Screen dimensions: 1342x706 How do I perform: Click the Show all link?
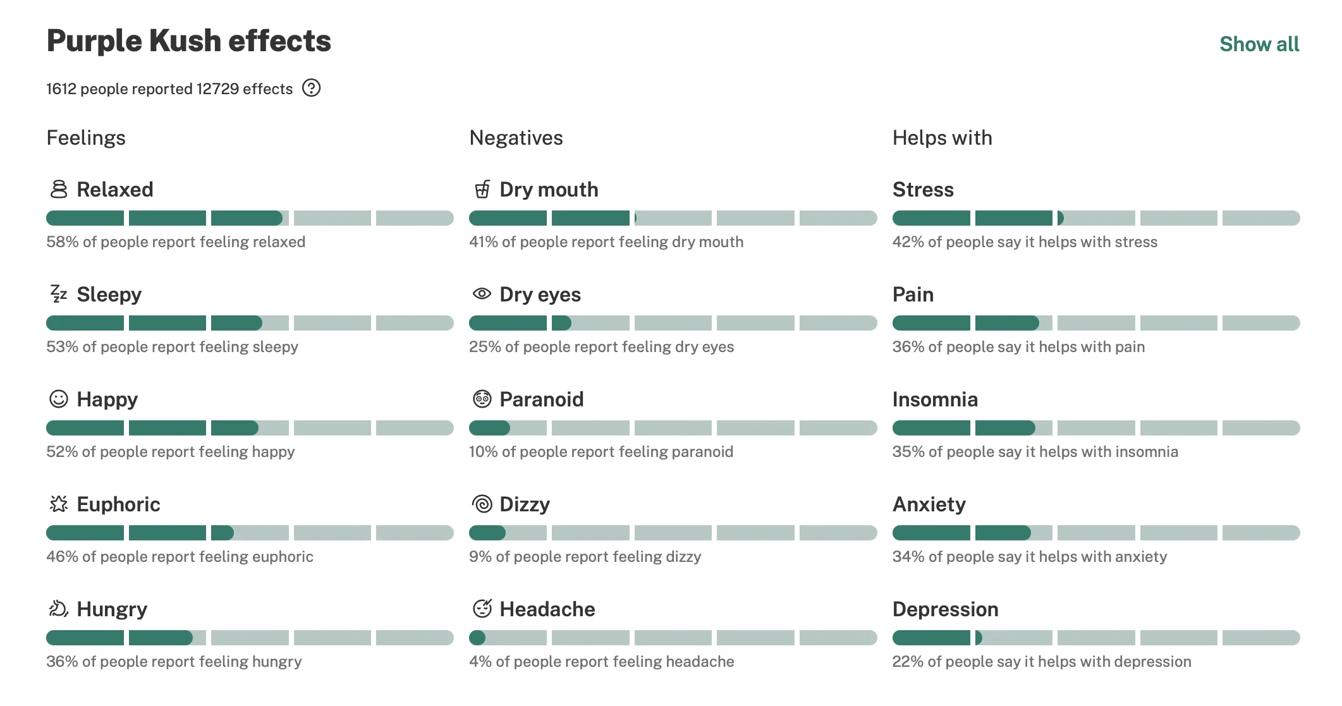pos(1259,44)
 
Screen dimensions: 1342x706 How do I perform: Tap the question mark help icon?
pos(311,88)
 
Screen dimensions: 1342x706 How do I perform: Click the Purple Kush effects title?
pos(189,41)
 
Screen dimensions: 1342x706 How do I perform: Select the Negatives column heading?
pos(516,138)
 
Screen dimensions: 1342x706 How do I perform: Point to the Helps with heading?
pos(942,138)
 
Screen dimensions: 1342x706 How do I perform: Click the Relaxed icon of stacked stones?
pos(59,189)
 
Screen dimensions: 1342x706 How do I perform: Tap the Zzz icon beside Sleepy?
pos(59,293)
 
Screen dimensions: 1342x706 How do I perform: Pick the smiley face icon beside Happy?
pos(59,399)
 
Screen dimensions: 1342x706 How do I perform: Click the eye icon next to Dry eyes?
pos(482,293)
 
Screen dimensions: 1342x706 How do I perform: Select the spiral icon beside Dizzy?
pos(482,504)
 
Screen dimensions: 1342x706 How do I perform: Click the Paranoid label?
pos(542,399)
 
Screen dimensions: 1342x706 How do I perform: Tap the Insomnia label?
pos(935,399)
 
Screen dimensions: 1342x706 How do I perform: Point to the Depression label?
pos(946,609)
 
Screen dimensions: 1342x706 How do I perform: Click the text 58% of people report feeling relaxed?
pos(176,242)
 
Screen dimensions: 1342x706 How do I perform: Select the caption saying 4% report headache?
pos(602,662)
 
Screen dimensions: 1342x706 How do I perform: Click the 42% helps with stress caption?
pos(1025,242)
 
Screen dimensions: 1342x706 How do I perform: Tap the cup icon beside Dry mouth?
pos(482,189)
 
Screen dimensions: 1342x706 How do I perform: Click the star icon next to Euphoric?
pos(59,504)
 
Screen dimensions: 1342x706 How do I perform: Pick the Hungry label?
pos(112,610)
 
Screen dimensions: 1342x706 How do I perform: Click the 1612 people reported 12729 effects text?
pos(169,89)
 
